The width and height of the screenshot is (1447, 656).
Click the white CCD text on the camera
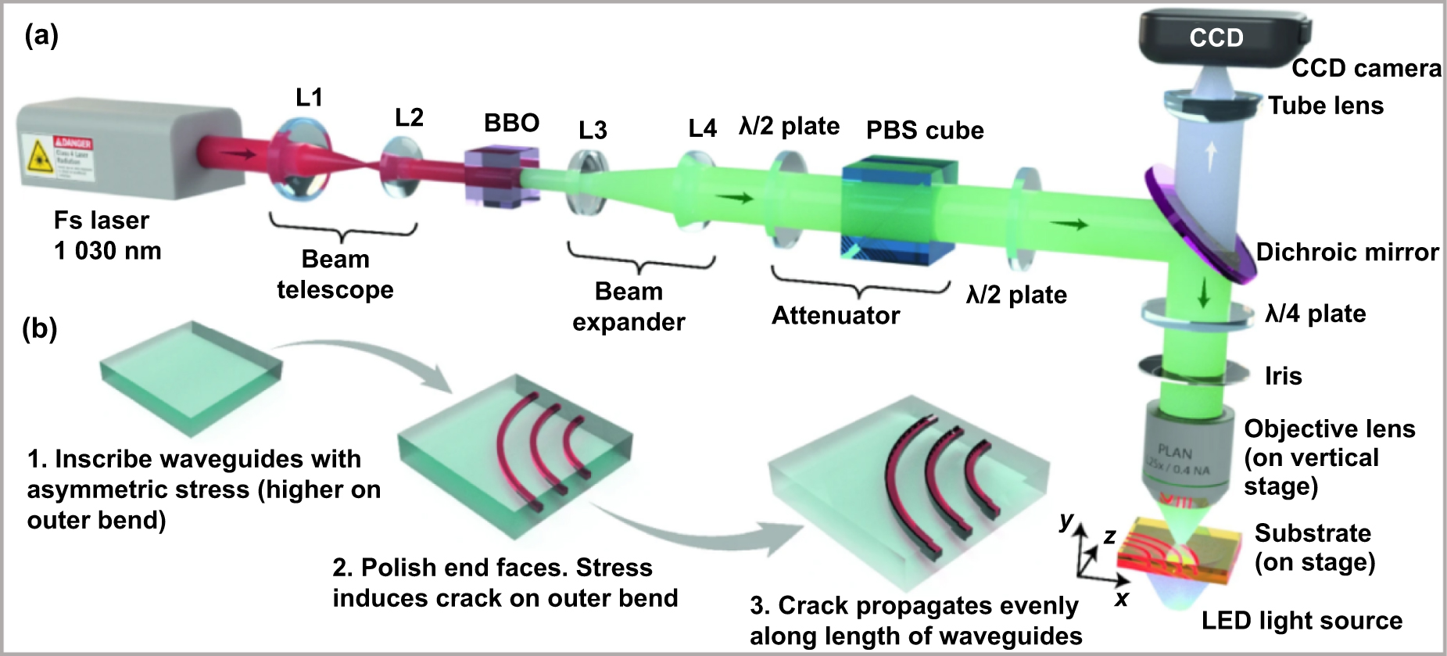(1216, 38)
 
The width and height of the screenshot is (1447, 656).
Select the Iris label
(1283, 376)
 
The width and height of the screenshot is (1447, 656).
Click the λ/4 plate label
(1315, 314)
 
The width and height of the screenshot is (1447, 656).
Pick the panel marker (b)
(40, 328)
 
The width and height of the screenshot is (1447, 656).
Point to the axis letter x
(1122, 599)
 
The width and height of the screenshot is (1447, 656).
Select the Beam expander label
(629, 306)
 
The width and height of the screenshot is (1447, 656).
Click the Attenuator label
(835, 315)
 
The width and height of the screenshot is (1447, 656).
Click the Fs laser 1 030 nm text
(106, 235)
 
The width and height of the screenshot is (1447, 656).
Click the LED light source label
(1302, 621)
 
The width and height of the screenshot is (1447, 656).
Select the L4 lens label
(702, 128)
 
